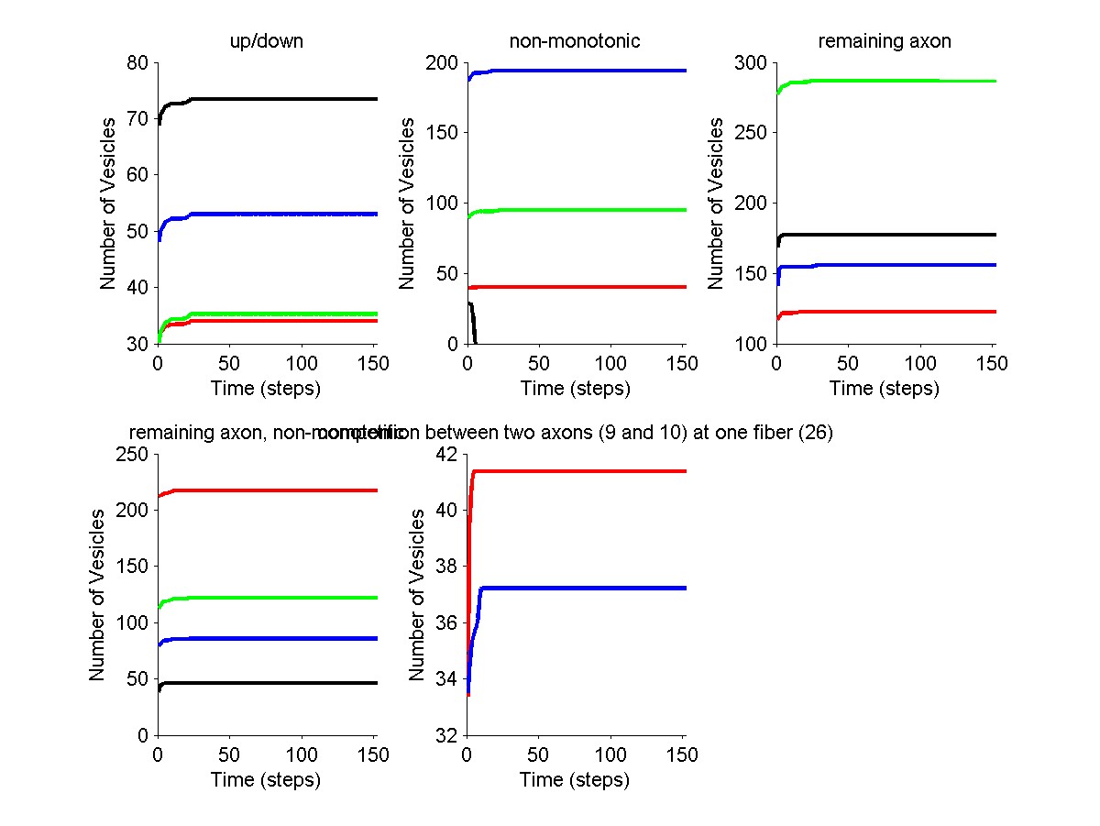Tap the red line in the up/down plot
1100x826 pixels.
tap(275, 321)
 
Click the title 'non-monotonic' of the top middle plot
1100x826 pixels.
tap(575, 41)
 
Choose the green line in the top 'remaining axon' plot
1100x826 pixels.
tap(898, 81)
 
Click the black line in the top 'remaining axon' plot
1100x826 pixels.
tap(898, 235)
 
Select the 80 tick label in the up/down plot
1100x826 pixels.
tap(137, 63)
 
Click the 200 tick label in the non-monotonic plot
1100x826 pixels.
tap(442, 63)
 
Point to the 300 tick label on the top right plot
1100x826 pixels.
tap(752, 63)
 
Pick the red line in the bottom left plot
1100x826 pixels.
tap(275, 490)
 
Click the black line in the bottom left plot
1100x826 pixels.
tap(275, 683)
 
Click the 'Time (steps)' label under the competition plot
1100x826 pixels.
tap(575, 780)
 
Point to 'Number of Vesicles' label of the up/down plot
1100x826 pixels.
tap(109, 204)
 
